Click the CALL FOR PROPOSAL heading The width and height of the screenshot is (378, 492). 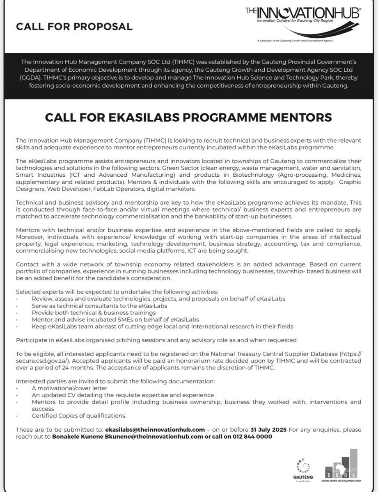(x=74, y=27)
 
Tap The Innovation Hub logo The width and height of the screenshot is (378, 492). (x=303, y=20)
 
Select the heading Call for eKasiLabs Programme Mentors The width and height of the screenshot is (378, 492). (x=189, y=117)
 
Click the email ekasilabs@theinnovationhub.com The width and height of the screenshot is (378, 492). (x=155, y=429)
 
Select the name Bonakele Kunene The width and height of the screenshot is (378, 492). (x=77, y=437)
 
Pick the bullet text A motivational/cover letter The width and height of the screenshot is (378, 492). (x=69, y=387)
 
